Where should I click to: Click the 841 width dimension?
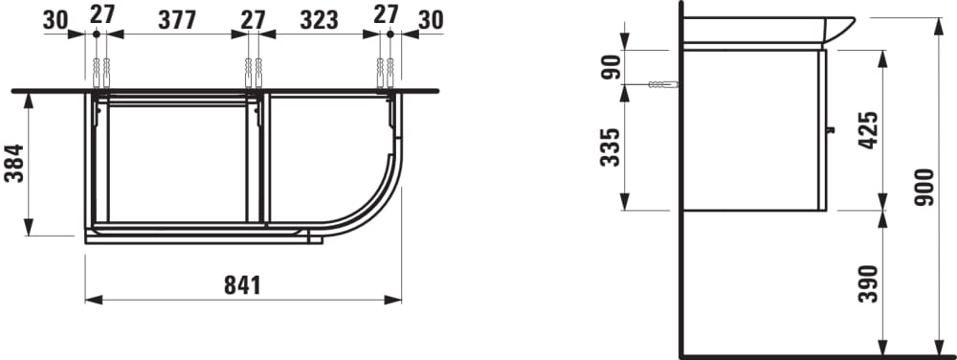(242, 285)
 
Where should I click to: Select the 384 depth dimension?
(14, 163)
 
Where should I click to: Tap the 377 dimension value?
(177, 20)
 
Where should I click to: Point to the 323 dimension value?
(320, 20)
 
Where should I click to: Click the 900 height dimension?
(924, 187)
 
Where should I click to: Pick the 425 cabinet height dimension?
(868, 130)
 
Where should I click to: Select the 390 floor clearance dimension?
(868, 283)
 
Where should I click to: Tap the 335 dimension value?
(610, 147)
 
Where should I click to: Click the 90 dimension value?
(611, 66)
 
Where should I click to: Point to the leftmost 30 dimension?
(56, 20)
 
